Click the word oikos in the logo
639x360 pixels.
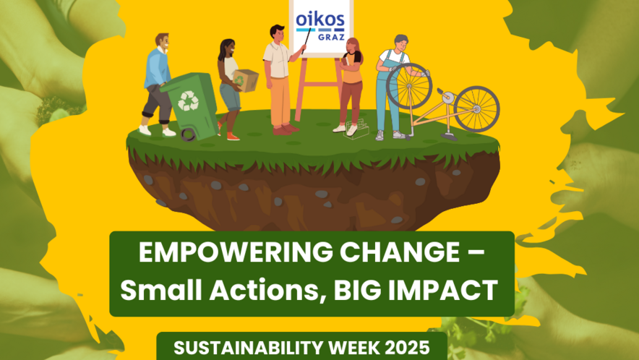pos(320,20)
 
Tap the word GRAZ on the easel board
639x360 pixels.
pos(331,37)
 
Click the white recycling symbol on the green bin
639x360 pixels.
pos(188,100)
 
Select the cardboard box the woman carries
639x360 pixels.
pos(245,80)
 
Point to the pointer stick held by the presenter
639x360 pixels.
pos(306,40)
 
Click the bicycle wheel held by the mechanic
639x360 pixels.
pos(408,86)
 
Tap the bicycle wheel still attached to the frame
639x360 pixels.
pos(476,109)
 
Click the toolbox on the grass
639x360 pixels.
pos(356,130)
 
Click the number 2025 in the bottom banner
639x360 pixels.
pos(407,348)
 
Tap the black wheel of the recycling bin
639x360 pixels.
pos(188,134)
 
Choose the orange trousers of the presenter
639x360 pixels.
pos(280,101)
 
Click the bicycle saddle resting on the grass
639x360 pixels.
pos(449,137)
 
